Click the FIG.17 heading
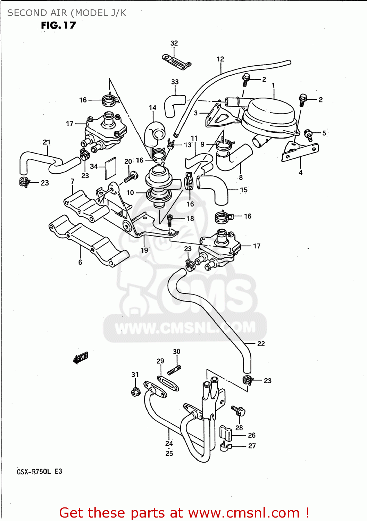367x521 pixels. pyautogui.click(x=58, y=25)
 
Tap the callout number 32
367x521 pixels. pyautogui.click(x=174, y=43)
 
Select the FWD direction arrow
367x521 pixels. pyautogui.click(x=81, y=357)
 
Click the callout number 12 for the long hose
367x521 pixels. pyautogui.click(x=220, y=59)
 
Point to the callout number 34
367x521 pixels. pyautogui.click(x=94, y=166)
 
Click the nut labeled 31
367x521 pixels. pyautogui.click(x=135, y=392)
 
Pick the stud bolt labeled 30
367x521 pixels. pyautogui.click(x=174, y=371)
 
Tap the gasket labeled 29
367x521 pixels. pyautogui.click(x=168, y=382)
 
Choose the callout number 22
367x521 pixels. pyautogui.click(x=261, y=344)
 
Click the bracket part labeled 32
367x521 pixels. pyautogui.click(x=176, y=61)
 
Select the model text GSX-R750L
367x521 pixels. pyautogui.click(x=34, y=471)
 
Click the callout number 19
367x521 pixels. pyautogui.click(x=144, y=250)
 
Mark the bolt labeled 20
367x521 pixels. pyautogui.click(x=131, y=177)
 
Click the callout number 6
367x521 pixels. pyautogui.click(x=80, y=262)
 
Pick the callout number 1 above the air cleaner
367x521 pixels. pyautogui.click(x=273, y=85)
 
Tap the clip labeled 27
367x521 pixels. pyautogui.click(x=225, y=447)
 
